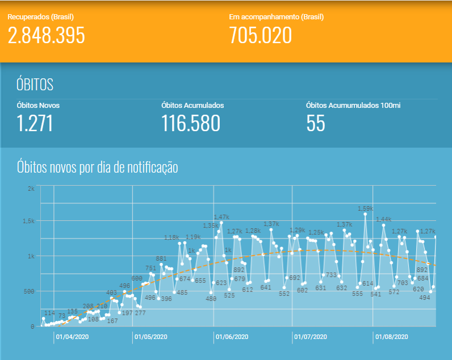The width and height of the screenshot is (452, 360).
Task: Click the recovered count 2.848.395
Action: point(47,35)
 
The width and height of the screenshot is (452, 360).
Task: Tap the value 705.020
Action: point(260,35)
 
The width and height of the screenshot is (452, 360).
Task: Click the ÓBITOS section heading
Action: point(35,85)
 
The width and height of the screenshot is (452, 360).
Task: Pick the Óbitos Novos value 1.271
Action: point(35,123)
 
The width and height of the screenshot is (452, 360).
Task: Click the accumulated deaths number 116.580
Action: point(190,123)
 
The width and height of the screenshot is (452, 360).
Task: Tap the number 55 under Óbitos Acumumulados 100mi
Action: point(316,123)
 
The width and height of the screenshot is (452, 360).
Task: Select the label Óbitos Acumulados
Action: point(192,105)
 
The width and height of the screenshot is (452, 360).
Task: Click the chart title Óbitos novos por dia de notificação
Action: point(98,168)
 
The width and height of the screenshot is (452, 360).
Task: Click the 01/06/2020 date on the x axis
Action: point(232,337)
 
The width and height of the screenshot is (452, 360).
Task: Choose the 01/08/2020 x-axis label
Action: point(391,337)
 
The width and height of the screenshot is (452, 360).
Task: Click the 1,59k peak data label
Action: point(365,208)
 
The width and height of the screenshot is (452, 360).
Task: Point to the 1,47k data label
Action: point(221,217)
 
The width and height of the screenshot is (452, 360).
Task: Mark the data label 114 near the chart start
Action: point(49,313)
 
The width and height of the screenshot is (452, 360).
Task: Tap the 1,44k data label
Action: point(384,219)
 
